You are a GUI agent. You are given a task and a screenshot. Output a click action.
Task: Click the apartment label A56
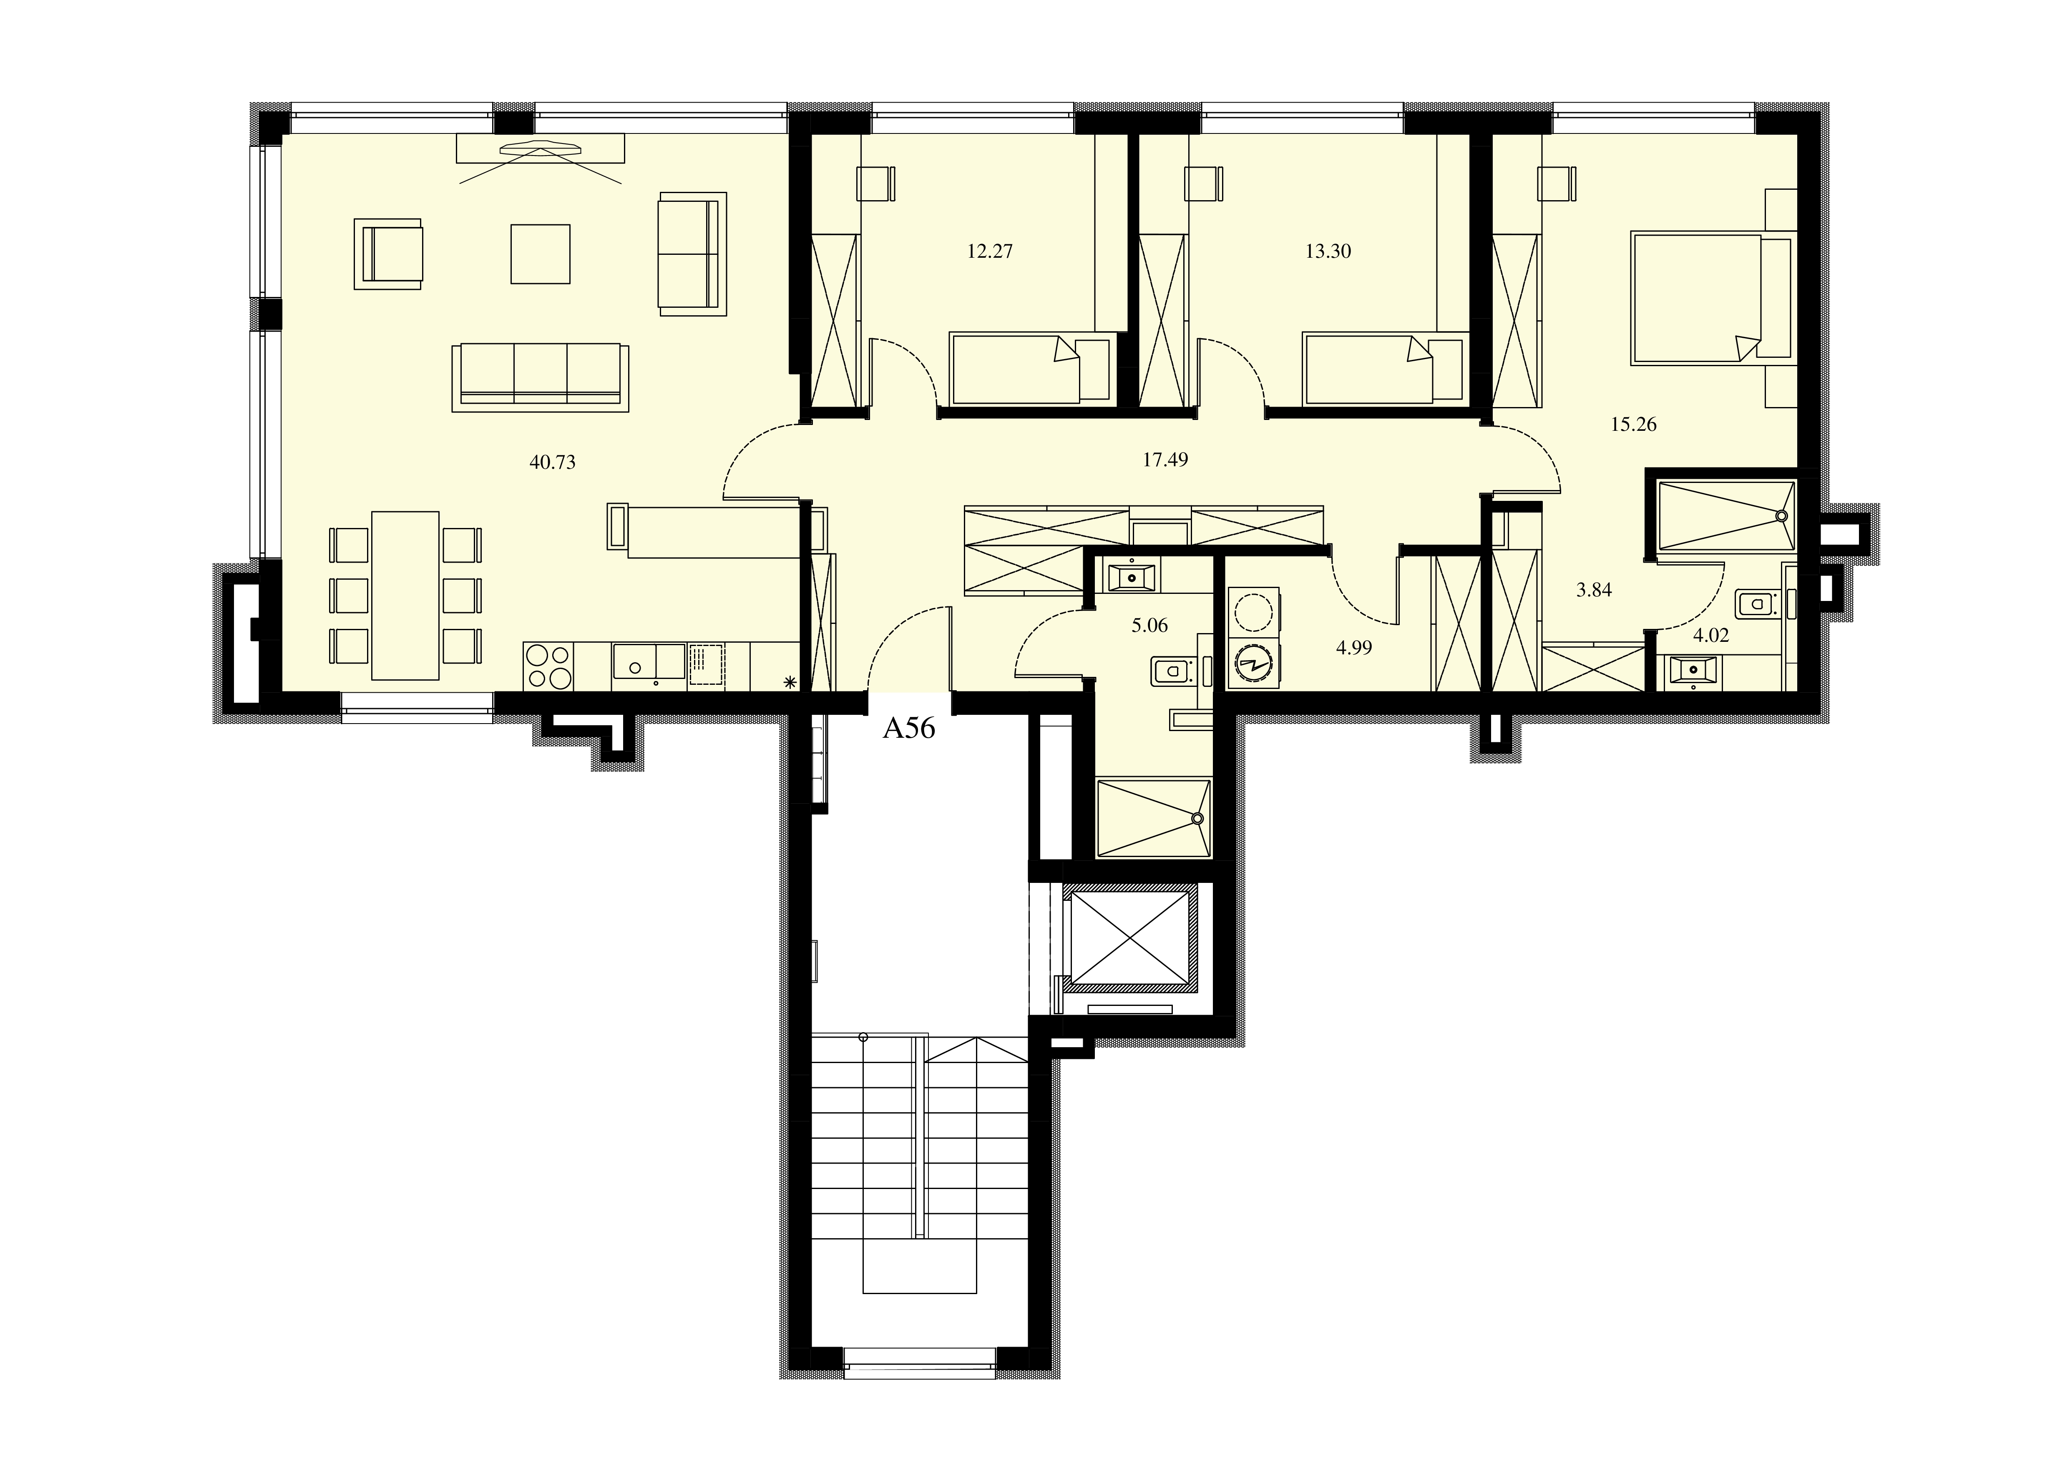(909, 727)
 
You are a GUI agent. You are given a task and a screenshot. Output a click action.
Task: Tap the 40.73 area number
(553, 463)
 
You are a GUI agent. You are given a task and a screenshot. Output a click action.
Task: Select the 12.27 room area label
(990, 251)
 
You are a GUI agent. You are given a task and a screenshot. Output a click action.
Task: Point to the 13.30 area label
(1328, 251)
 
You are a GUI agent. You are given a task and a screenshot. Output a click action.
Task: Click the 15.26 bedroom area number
(1634, 424)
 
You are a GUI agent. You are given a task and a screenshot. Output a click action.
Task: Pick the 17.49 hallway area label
(1166, 460)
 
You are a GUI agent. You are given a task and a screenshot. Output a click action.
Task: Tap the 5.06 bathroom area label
(1149, 626)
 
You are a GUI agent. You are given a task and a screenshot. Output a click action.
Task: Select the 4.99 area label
(1354, 647)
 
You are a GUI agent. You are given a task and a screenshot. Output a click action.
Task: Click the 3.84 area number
(1594, 591)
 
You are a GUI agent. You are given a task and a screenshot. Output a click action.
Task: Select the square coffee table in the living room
(540, 254)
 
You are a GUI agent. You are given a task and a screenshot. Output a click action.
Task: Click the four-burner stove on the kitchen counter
(548, 666)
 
